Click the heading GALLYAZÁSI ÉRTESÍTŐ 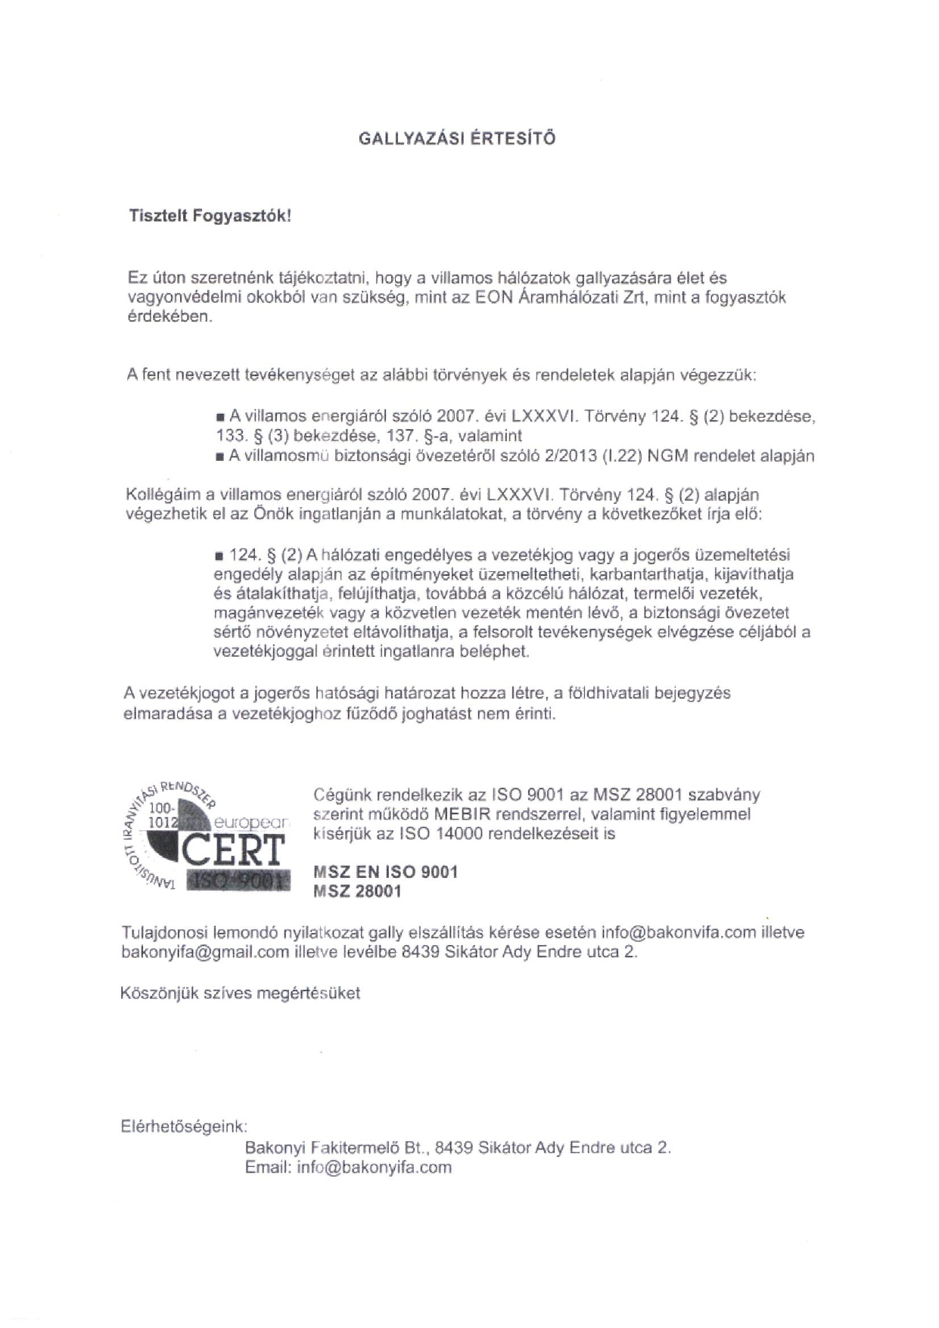[456, 139]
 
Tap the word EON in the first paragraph [493, 297]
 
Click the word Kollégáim [162, 495]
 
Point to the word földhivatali [610, 693]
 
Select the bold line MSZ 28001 [357, 891]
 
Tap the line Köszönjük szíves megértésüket [240, 993]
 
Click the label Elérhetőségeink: [185, 1126]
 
